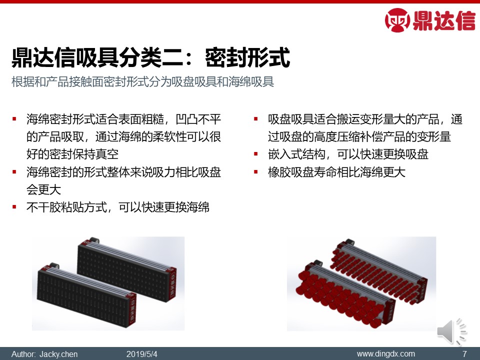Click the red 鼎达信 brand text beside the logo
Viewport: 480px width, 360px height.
(x=444, y=20)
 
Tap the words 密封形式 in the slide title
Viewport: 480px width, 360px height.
(x=247, y=57)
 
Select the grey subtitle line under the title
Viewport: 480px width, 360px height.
(x=142, y=81)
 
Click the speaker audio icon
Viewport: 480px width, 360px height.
(x=451, y=331)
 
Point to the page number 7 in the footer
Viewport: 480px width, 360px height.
(x=464, y=354)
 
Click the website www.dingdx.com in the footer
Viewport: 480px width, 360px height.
(x=385, y=354)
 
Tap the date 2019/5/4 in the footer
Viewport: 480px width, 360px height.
(x=141, y=354)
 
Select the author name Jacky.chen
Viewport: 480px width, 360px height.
(x=58, y=354)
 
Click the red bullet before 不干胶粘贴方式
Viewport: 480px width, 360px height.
(x=14, y=207)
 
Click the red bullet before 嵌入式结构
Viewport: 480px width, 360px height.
(x=256, y=154)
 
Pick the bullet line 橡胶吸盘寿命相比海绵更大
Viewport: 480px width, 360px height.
(x=336, y=172)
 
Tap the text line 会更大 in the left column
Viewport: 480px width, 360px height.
(x=43, y=190)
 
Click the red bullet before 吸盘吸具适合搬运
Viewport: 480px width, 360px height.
(x=256, y=119)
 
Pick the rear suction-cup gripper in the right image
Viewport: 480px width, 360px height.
(x=379, y=271)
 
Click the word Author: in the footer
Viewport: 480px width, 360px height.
(x=23, y=354)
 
